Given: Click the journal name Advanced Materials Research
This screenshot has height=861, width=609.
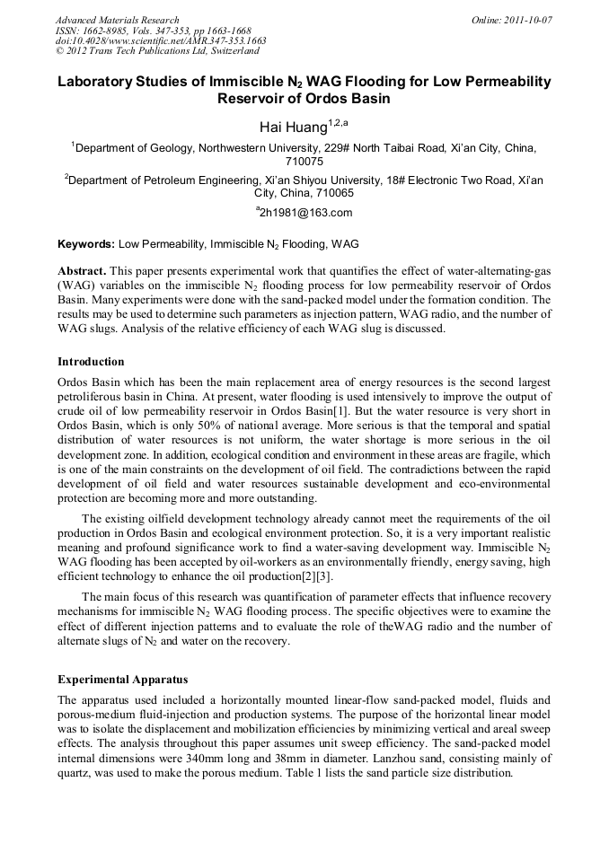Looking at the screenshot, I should (x=117, y=20).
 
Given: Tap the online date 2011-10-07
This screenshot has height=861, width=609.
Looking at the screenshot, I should (x=529, y=20).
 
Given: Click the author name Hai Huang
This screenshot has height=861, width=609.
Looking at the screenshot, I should (x=293, y=128).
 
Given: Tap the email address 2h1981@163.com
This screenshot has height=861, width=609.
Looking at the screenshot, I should (x=304, y=213).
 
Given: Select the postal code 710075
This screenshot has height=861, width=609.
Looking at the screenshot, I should (x=304, y=163).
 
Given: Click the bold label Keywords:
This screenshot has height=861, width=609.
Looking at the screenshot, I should (x=86, y=243).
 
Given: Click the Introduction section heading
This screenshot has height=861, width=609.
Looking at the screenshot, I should (x=91, y=362).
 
